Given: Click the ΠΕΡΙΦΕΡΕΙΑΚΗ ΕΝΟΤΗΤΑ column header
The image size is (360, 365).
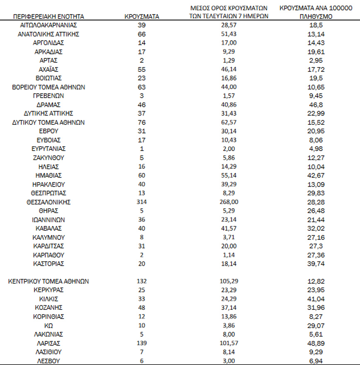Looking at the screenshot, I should click(x=49, y=17).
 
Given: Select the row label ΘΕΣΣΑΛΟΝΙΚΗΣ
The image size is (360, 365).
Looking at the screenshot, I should click(x=49, y=202).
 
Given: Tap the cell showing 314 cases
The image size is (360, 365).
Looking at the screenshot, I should click(x=142, y=202).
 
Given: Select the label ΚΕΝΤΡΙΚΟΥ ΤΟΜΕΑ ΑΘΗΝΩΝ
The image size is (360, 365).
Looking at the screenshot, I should click(x=49, y=282).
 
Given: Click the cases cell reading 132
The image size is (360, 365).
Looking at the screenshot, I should click(x=142, y=282).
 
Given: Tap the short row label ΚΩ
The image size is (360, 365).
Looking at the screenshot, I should click(x=49, y=326).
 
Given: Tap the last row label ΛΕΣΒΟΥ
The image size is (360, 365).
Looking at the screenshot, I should click(x=49, y=361).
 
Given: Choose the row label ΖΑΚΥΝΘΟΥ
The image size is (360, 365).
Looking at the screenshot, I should click(x=49, y=158).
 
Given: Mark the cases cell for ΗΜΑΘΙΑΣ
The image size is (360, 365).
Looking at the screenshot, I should click(x=142, y=175).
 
